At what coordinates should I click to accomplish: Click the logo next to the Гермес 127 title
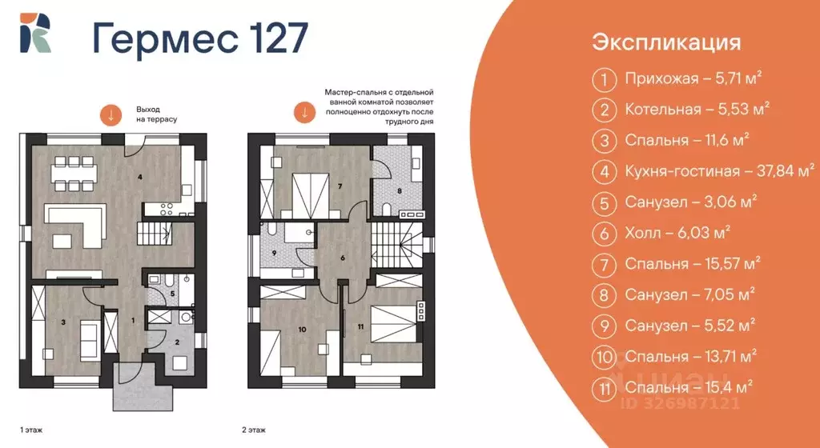point(36,34)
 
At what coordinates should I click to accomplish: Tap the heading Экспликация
point(666,42)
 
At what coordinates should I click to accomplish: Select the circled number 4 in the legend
point(602,170)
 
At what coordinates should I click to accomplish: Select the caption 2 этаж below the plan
point(255,430)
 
